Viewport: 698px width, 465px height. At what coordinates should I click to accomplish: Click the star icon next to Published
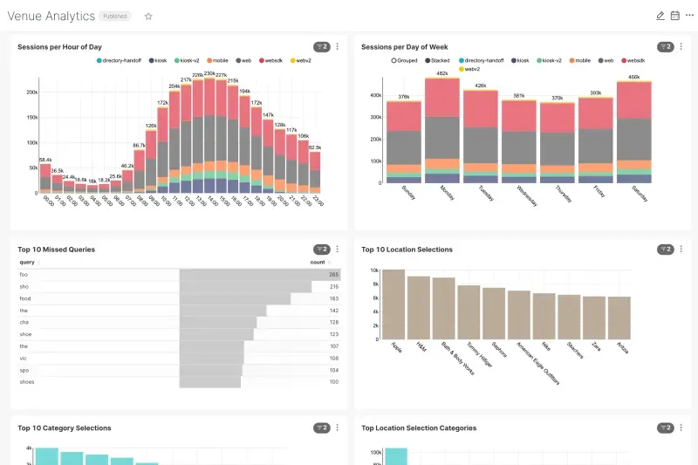148,16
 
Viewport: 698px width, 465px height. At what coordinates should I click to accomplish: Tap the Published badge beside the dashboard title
116,16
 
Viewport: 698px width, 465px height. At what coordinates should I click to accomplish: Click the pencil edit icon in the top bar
660,16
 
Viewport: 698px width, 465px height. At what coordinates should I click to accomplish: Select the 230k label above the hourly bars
209,74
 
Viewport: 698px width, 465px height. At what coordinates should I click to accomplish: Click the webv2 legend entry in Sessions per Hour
302,61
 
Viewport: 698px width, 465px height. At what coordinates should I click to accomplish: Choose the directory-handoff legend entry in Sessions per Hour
121,61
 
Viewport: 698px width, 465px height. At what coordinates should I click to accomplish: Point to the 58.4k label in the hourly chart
45,160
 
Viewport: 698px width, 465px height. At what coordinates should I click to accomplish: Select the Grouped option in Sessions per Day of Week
404,61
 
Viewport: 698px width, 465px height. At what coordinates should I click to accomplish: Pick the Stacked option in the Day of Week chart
435,61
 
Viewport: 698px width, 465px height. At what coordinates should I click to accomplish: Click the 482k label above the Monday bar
442,73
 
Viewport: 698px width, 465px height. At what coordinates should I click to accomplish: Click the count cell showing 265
333,274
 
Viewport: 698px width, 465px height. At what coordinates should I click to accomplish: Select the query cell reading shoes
27,381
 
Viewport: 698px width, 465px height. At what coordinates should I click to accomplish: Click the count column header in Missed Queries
318,262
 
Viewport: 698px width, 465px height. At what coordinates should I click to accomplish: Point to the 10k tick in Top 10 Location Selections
374,270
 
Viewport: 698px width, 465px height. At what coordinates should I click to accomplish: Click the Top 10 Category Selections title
65,428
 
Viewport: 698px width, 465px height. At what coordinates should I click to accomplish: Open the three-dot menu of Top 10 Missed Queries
338,250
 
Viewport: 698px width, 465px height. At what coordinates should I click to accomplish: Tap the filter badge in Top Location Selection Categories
666,428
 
